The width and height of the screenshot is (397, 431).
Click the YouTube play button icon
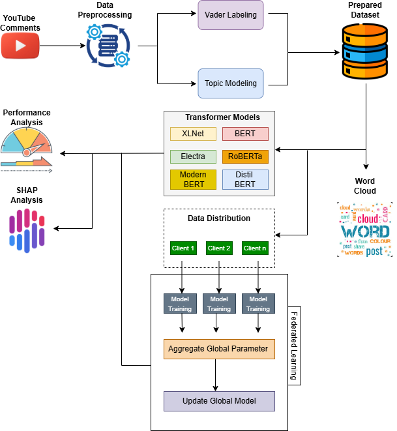pos(20,46)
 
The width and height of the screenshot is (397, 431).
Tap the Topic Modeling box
pos(231,83)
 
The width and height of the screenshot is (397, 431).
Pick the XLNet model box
pos(194,134)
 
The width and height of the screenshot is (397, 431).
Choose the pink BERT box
pos(245,134)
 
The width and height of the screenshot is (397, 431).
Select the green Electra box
pos(194,156)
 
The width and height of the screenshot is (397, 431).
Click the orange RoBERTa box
pos(245,156)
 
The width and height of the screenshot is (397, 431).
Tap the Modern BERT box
pos(194,179)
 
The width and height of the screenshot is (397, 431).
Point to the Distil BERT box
pos(245,179)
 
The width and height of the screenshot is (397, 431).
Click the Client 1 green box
pos(183,248)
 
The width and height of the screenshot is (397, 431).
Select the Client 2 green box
pos(219,248)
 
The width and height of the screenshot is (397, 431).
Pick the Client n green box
pos(256,248)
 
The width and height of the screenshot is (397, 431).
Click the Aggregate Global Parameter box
pos(218,349)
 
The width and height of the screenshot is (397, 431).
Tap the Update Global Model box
pos(218,400)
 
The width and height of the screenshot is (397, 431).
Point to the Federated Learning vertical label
pos(293,346)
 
